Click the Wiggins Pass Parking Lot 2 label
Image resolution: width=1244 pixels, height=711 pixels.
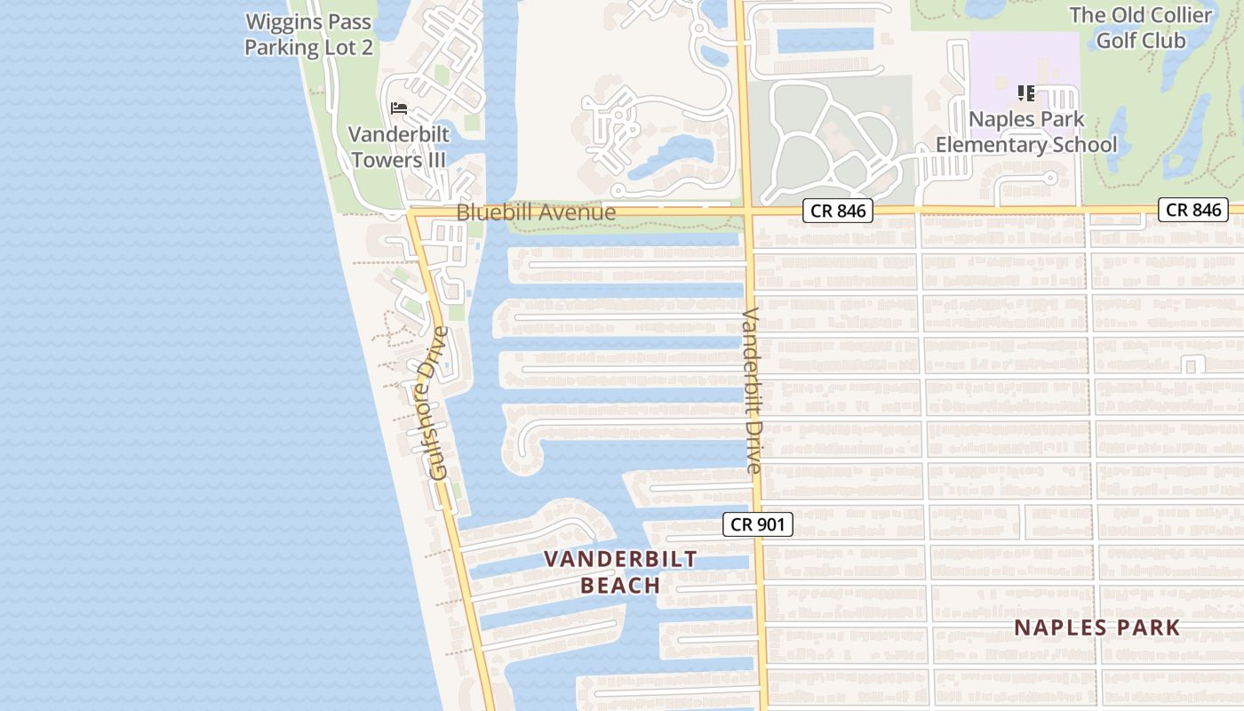(308, 35)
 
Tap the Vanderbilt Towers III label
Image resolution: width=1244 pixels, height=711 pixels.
(398, 148)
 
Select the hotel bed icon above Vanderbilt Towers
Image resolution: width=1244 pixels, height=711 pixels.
(399, 108)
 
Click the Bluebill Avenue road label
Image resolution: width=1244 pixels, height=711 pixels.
(536, 212)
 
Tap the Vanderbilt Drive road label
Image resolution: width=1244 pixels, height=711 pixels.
(751, 390)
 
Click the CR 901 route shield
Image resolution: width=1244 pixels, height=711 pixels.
(757, 524)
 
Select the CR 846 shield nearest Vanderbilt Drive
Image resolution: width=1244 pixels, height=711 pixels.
(838, 211)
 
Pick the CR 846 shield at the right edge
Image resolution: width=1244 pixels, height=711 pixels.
(1193, 210)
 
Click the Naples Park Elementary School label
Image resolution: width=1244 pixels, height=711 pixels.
(1026, 132)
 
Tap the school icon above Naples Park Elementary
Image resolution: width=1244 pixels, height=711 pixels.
(1026, 92)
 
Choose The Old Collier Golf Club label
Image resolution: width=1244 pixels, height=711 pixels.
(1141, 28)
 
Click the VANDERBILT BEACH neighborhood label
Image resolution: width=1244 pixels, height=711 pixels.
(620, 571)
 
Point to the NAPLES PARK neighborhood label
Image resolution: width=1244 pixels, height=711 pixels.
(1097, 627)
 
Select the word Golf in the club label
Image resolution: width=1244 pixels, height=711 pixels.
(1115, 40)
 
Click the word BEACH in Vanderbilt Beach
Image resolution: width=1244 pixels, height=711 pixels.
(620, 585)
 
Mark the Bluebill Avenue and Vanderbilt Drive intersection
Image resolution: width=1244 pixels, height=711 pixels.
(746, 212)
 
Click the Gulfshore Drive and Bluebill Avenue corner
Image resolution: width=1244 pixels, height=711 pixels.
(411, 213)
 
